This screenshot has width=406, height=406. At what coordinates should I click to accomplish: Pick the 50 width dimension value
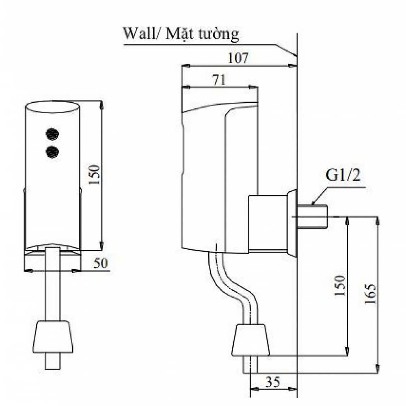pyautogui.click(x=101, y=263)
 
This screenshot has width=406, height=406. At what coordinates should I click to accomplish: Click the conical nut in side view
pyautogui.click(x=251, y=339)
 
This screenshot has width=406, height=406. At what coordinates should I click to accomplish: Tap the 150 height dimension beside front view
pyautogui.click(x=94, y=175)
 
